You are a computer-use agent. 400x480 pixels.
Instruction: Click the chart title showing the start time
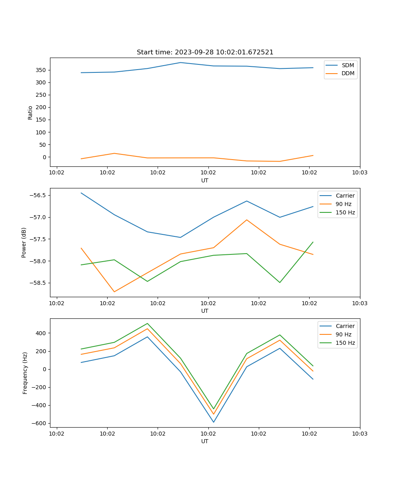[x=205, y=52]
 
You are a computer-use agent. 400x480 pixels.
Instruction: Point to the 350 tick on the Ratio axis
[x=41, y=70]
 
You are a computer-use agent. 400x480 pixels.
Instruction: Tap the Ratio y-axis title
[x=30, y=112]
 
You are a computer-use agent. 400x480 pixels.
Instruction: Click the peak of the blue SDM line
[x=180, y=62]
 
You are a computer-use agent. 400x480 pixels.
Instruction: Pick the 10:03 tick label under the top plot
[x=360, y=173]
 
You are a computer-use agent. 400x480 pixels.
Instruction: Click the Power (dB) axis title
[x=24, y=242]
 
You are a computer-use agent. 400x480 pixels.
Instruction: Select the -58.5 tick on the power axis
[x=38, y=283]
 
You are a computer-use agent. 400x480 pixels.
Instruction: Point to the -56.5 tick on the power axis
[x=38, y=195]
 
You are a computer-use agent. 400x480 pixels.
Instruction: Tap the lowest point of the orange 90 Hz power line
[x=114, y=292]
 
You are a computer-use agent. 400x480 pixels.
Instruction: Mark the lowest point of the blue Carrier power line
[x=180, y=237]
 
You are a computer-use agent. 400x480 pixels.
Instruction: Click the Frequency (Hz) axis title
[x=25, y=373]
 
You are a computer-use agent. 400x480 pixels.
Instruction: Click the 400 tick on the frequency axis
[x=41, y=333]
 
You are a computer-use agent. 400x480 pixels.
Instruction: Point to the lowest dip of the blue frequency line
[x=214, y=422]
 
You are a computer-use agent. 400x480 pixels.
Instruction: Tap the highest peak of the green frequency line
[x=147, y=323]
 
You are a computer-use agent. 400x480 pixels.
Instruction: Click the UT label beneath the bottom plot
[x=205, y=441]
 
